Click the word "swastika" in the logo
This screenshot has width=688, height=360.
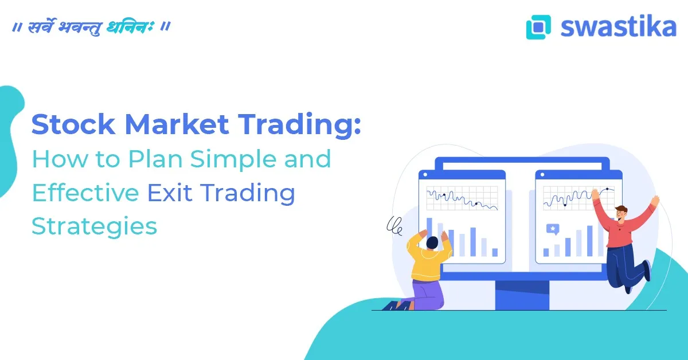(618, 26)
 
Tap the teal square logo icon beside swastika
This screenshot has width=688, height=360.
(538, 27)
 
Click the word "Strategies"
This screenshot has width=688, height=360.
(94, 226)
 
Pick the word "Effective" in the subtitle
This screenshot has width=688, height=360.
(85, 193)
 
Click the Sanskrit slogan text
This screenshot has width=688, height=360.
(91, 27)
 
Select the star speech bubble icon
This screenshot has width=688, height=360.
(553, 229)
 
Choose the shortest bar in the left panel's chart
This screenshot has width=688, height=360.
(495, 252)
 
